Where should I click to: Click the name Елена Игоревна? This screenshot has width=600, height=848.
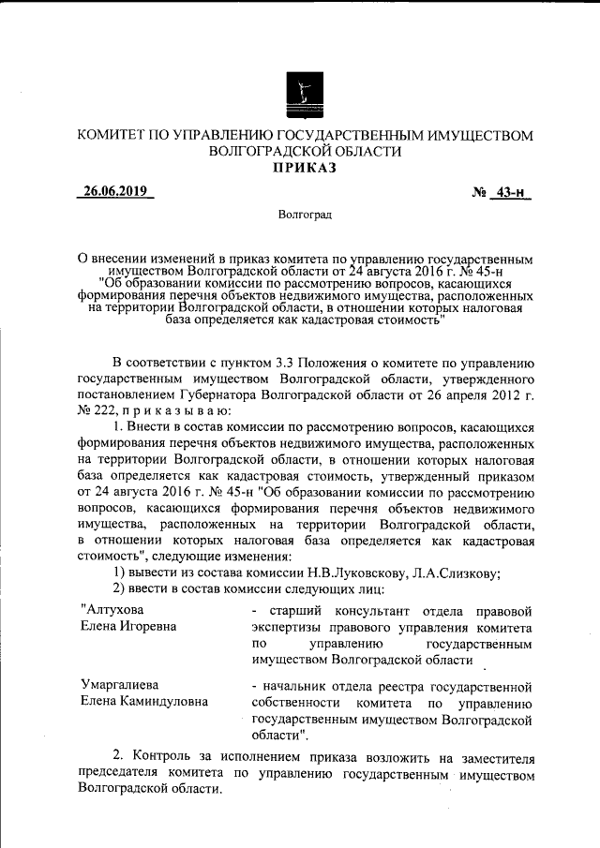click(x=127, y=627)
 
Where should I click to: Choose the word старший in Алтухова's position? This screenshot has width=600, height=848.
click(x=288, y=610)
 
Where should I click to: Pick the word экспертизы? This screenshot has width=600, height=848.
click(x=292, y=627)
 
